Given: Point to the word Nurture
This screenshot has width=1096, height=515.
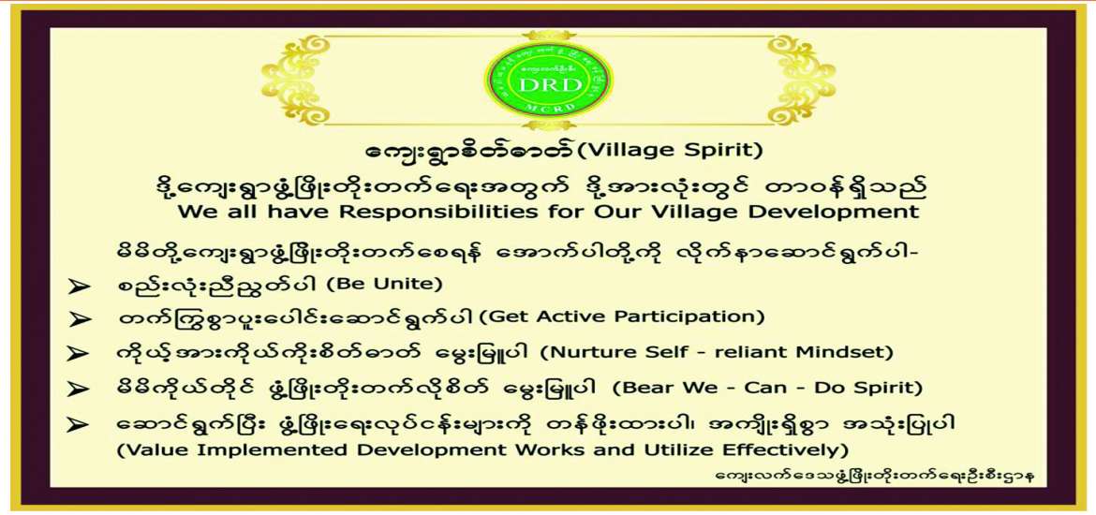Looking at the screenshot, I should [x=588, y=352].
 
